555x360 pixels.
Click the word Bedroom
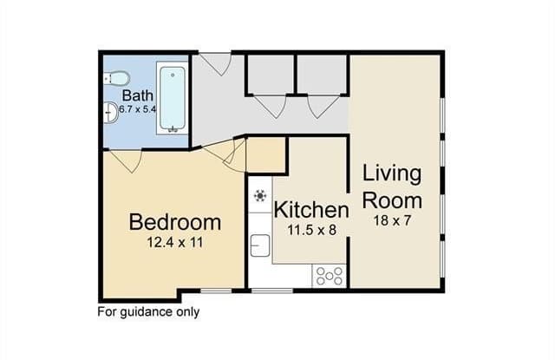[x=175, y=222]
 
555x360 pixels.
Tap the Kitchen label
[x=311, y=210]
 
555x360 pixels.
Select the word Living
[x=392, y=174]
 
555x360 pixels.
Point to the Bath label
[x=138, y=95]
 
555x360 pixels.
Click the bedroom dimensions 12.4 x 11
[x=175, y=243]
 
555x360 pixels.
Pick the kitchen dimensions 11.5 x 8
[x=311, y=230]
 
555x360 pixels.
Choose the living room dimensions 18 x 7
[x=392, y=220]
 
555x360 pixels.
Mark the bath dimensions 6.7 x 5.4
[x=137, y=109]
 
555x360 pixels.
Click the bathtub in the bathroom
[x=172, y=98]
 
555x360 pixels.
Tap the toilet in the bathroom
[x=117, y=78]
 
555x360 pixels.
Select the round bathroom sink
[x=111, y=113]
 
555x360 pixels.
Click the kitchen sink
[x=260, y=245]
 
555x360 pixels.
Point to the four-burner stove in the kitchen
[x=330, y=276]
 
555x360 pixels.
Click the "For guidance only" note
[x=148, y=312]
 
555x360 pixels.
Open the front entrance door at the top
[x=215, y=63]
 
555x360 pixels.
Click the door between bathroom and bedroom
[x=126, y=161]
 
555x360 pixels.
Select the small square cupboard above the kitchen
[x=266, y=154]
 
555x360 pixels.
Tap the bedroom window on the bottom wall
[x=217, y=291]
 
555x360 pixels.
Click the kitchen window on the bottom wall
[x=272, y=291]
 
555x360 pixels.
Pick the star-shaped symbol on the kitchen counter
[x=260, y=195]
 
